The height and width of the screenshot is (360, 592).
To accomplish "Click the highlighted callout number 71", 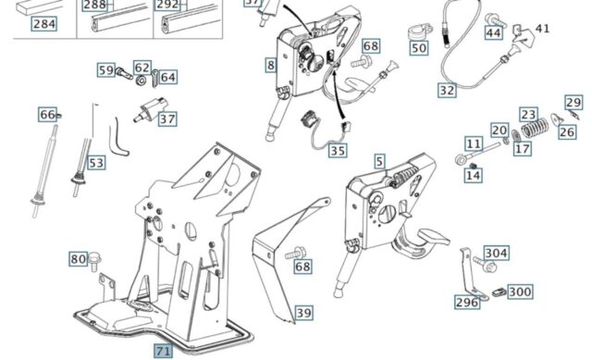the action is (163, 351).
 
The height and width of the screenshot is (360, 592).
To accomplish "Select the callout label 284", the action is (44, 24).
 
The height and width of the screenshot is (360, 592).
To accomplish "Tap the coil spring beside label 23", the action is (535, 129).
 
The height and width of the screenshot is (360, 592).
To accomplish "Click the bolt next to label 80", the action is (94, 262).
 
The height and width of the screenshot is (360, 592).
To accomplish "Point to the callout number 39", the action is (303, 313).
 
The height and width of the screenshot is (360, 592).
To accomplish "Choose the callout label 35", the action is (338, 150).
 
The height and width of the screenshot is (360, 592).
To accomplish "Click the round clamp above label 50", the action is (419, 31).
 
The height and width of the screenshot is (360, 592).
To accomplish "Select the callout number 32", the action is (447, 91).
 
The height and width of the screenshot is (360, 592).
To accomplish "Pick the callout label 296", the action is (467, 303).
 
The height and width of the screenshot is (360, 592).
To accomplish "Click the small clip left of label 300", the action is (499, 292).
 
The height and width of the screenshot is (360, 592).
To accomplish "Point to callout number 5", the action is (379, 161).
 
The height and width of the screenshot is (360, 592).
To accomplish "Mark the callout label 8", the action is (271, 66).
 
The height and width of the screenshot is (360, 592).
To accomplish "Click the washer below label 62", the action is (142, 81).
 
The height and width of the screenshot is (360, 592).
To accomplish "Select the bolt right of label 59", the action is (124, 72).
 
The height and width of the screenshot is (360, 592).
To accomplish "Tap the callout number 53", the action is (96, 163).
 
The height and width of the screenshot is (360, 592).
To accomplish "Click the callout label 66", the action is (47, 114).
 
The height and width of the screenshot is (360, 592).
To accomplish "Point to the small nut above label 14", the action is (472, 166).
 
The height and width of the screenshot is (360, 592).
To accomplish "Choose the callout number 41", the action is (543, 29).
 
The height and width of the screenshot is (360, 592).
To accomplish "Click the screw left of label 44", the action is (495, 19).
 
